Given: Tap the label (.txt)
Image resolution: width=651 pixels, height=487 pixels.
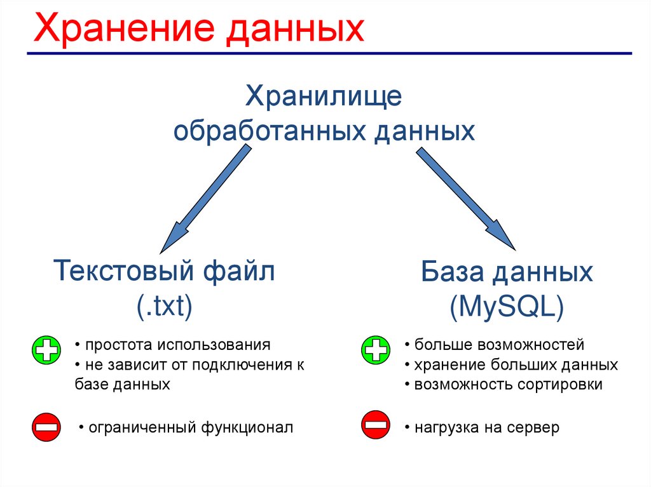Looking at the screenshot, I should [x=164, y=306].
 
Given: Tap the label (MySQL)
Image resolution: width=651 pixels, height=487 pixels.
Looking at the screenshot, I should [x=506, y=308].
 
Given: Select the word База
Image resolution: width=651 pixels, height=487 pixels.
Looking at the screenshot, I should [x=452, y=273].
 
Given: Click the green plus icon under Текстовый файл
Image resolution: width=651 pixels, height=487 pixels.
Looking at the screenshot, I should [x=45, y=350].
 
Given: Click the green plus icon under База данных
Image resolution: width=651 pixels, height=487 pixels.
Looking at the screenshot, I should [x=375, y=350].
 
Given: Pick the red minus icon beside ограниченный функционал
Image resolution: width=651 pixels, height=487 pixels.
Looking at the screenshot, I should [x=45, y=427].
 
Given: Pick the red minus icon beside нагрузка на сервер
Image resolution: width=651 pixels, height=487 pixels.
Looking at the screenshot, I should [x=375, y=424].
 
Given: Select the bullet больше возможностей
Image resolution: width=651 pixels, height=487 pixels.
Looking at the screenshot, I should [x=498, y=345].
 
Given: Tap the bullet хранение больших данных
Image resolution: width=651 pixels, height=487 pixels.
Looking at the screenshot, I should [x=516, y=365].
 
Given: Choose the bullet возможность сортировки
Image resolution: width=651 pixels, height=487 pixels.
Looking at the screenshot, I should [x=508, y=385].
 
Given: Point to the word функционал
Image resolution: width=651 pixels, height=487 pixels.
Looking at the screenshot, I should [x=247, y=428].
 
